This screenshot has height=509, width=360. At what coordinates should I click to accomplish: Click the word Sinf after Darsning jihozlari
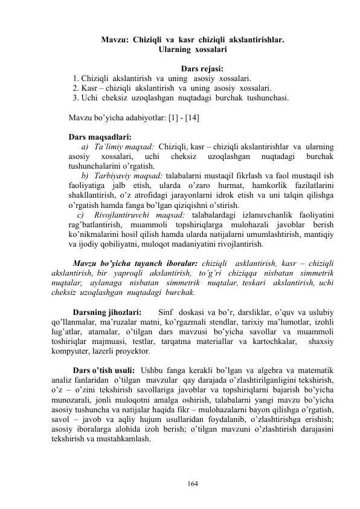point(166,313)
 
